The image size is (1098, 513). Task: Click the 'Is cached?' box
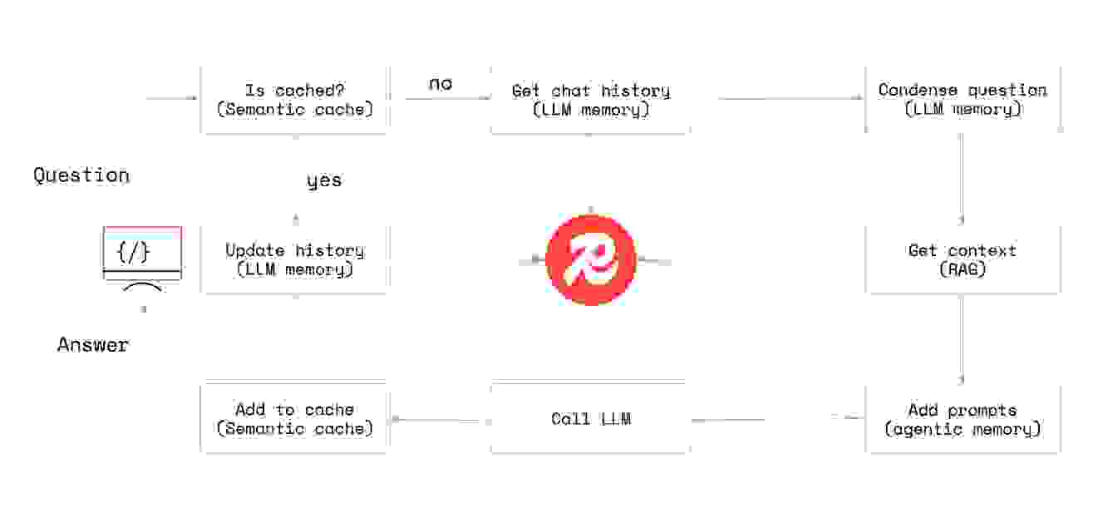coord(294,99)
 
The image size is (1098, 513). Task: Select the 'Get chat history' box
coord(590,100)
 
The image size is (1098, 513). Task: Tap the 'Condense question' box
coord(963,99)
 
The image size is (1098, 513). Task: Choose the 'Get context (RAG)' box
coord(963,259)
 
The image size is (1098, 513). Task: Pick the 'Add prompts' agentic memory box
coord(963,419)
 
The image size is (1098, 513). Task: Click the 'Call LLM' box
coord(590,418)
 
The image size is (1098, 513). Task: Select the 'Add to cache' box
coord(294,418)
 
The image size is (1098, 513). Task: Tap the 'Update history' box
coord(294,259)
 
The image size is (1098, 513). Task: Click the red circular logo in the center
coord(591,259)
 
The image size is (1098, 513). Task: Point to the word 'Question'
coord(81,175)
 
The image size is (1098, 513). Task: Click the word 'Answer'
coord(93,345)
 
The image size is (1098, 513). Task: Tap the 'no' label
coord(441,84)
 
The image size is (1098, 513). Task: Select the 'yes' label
coord(323,181)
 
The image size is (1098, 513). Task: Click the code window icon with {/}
coord(142,253)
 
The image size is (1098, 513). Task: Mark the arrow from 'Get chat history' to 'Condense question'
coord(790,99)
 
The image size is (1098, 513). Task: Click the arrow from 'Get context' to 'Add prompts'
coord(963,337)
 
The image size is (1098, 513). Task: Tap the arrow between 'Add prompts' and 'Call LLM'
coord(777,419)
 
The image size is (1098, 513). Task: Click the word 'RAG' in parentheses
coord(963,269)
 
